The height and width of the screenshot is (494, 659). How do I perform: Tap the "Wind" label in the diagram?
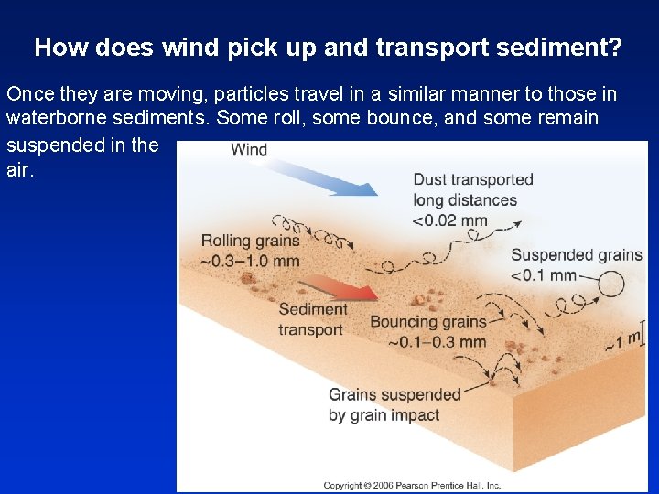pos(249,150)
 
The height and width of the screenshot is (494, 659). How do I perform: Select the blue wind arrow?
pos(329,177)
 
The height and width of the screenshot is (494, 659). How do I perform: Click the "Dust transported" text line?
pos(473,179)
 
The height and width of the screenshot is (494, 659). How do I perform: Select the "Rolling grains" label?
pos(250,241)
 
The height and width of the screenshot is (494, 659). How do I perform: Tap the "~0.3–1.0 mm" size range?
pos(250,261)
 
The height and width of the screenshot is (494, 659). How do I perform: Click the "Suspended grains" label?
pos(577,255)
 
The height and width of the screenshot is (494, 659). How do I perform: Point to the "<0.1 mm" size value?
pos(544,274)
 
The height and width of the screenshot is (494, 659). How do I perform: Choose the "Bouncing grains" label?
pos(427,322)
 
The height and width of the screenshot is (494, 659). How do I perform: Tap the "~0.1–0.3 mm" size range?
pos(437,342)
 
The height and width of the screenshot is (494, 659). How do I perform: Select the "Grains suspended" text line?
pos(394,395)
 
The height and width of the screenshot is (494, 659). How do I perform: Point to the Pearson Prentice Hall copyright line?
pos(411,485)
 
